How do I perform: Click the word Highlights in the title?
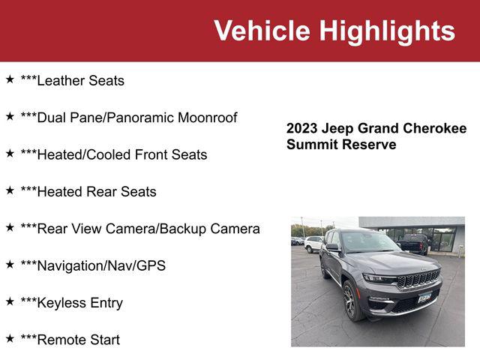(387, 31)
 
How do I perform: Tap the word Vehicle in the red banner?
(262, 30)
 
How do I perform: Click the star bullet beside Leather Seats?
(10, 79)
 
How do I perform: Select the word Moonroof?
(207, 118)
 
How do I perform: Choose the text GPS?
(151, 265)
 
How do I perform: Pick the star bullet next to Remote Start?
(10, 338)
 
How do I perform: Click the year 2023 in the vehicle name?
(301, 128)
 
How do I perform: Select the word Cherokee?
(435, 128)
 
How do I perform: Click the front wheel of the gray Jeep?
(352, 301)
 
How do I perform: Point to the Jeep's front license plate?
(424, 297)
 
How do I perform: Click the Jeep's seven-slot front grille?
(418, 279)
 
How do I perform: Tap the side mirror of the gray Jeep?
(333, 247)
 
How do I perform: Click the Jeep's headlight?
(379, 279)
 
